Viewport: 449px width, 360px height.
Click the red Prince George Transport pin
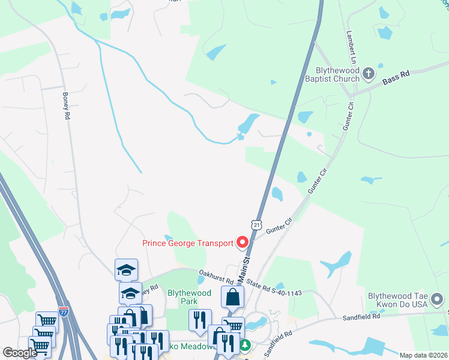coord(243,242)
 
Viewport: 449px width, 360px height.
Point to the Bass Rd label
coord(396,76)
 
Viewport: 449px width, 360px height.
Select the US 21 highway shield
coord(256,224)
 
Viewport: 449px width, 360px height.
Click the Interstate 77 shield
coord(64,311)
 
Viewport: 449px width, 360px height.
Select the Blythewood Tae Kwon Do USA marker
coord(439,298)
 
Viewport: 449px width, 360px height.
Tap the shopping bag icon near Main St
coord(232,296)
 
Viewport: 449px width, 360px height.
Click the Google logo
coord(20,353)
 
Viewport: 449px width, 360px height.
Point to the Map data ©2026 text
coord(423,355)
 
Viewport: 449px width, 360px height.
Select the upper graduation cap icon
coord(127,269)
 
